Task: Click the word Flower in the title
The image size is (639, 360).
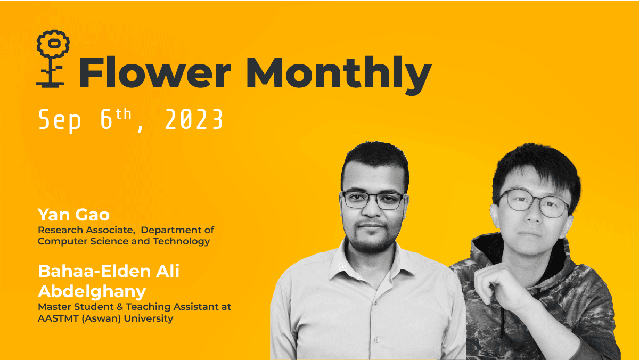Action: [x=155, y=72]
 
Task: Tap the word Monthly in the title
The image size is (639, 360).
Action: [x=338, y=73]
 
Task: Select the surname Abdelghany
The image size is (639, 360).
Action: [x=92, y=291]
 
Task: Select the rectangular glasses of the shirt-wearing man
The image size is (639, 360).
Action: [x=373, y=200]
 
